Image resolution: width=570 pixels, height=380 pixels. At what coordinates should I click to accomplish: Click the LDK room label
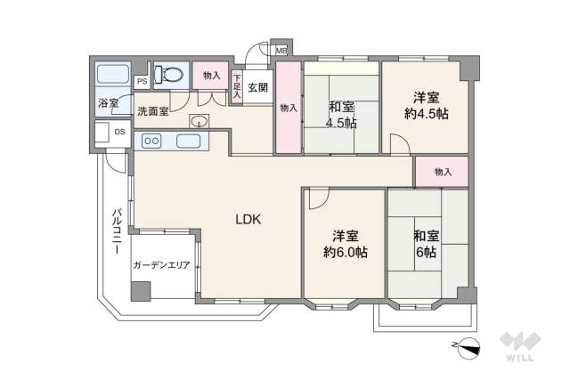click(248, 219)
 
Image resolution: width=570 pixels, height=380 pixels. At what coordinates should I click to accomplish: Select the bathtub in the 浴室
click(112, 76)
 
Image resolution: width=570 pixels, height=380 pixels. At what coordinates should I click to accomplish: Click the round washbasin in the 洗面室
click(199, 122)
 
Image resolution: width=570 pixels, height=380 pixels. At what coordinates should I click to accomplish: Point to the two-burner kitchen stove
click(151, 140)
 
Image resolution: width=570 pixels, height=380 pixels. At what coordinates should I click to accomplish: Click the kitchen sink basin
click(188, 140)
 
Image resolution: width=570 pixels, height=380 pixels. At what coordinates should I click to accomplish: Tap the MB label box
click(281, 52)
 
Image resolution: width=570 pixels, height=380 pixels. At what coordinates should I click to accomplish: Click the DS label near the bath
click(119, 132)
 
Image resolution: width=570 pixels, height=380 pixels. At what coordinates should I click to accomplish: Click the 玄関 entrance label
click(258, 86)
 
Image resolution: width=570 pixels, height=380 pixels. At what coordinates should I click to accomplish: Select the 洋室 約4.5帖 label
click(424, 104)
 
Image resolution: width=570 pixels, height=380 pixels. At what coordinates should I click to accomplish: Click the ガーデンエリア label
click(161, 265)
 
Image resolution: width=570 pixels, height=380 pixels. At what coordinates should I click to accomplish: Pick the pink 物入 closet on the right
click(443, 171)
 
